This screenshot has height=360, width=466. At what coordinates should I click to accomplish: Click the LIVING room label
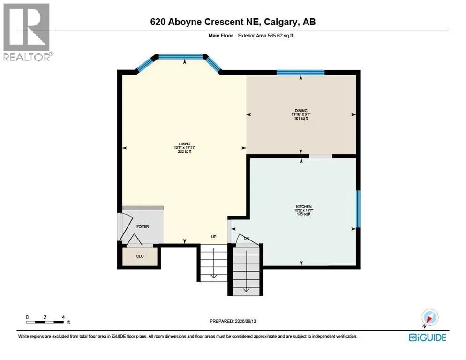pos(184,144)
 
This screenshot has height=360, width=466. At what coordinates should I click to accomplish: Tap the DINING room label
pos(301,111)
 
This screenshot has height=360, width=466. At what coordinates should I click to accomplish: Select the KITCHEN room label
pos(303,207)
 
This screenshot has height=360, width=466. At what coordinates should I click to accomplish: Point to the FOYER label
pos(143,226)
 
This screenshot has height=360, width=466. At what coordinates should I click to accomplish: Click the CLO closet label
pos(140,256)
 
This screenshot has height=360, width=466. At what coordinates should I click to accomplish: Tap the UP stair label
pos(214,237)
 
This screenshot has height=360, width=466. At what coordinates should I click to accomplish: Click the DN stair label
pos(247,239)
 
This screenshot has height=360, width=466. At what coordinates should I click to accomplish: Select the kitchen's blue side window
pos(358,209)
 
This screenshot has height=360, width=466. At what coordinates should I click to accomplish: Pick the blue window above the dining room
pos(301,72)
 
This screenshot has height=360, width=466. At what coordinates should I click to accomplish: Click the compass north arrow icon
pos(430,318)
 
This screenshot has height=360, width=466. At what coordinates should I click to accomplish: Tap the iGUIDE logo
pos(428,337)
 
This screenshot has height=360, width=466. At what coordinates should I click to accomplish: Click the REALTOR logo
pos(27,32)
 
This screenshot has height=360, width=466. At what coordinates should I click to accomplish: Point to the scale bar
pos(45,322)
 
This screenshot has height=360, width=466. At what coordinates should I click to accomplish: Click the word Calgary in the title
pos(281,22)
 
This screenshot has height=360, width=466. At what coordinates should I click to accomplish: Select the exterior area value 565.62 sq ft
pos(280,36)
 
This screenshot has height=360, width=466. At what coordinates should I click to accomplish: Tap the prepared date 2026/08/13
pos(245,321)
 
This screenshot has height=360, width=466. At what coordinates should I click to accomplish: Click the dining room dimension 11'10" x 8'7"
pos(301,114)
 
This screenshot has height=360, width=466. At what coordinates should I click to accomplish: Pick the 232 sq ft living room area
pos(184,151)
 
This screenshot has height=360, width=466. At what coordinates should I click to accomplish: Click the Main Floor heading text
pos(220,36)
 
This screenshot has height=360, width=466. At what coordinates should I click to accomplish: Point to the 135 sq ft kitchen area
pos(303,214)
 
